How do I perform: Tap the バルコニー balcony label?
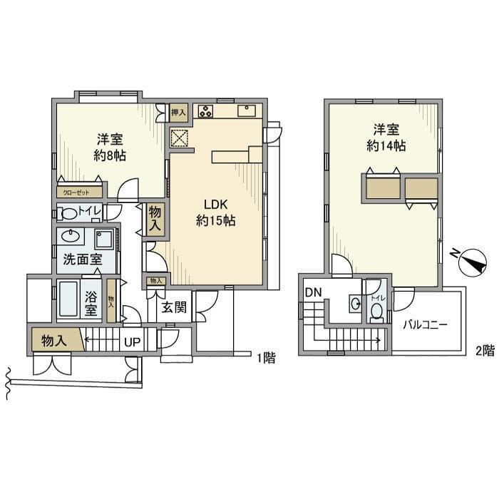[424, 325]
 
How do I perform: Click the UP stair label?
[133, 341]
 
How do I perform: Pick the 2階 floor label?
[484, 350]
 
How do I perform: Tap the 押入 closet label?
[178, 113]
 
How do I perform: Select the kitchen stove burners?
[206, 111]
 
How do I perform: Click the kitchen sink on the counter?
[247, 111]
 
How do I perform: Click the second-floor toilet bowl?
[375, 311]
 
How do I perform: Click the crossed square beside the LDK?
[178, 138]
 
